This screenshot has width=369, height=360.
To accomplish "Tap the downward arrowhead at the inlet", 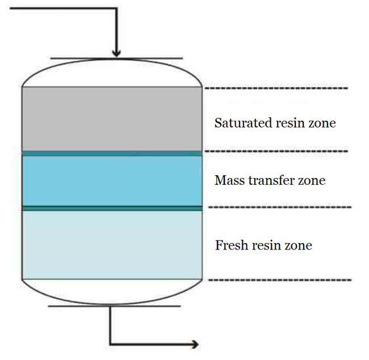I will coord(116,52).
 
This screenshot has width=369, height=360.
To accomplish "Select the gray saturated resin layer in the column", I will coord(112,118).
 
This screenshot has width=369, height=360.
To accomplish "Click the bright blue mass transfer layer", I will coord(112,181).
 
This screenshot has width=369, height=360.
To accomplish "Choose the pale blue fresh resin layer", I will coord(112,244).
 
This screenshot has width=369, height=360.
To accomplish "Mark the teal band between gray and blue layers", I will coord(112,153).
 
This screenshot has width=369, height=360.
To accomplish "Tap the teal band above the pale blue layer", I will coord(112,208).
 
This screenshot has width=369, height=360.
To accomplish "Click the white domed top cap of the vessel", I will coord(112,73).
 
